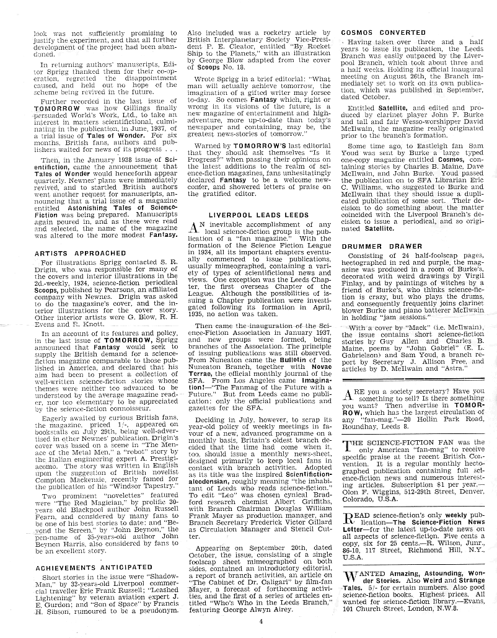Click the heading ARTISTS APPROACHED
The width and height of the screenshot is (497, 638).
pyautogui.click(x=81, y=254)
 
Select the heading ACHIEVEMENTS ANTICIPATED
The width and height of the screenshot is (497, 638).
pyautogui.click(x=94, y=567)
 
